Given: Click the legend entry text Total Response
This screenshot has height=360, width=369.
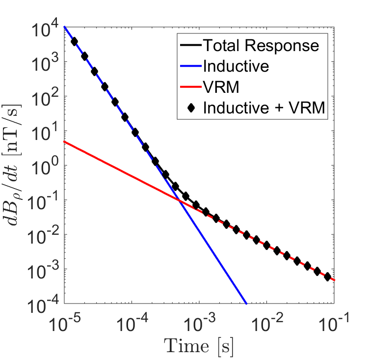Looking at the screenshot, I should point(261,46).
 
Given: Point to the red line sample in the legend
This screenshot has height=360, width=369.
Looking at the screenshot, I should point(190,87).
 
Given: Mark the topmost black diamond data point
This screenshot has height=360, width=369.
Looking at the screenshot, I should point(75,42).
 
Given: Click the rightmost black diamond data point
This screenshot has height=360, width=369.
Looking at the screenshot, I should point(327,277).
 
